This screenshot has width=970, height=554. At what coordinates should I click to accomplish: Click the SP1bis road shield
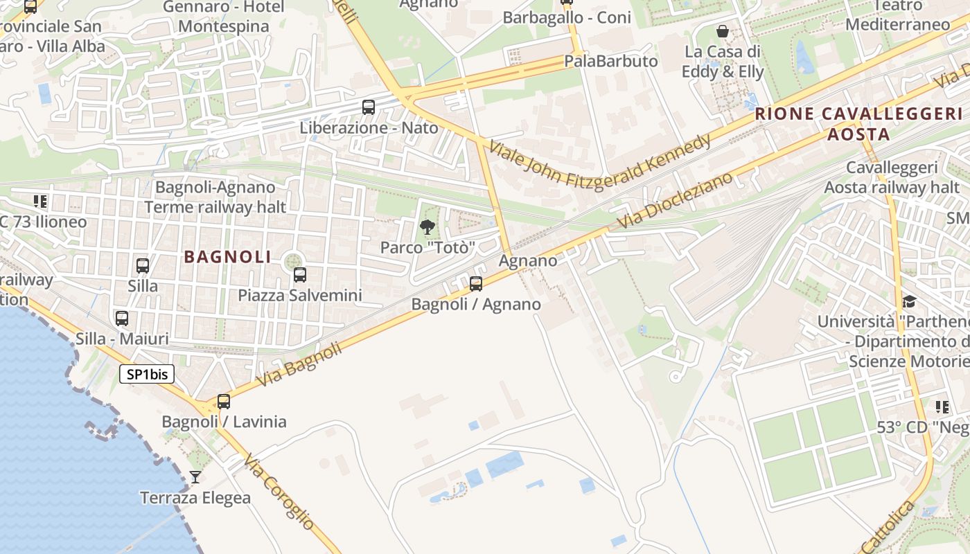click(x=147, y=375)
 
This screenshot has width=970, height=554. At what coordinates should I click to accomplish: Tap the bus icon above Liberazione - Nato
click(x=369, y=107)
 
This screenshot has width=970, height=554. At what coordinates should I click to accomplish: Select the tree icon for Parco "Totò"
click(x=427, y=226)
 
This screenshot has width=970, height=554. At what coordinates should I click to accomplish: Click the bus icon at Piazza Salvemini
click(x=300, y=275)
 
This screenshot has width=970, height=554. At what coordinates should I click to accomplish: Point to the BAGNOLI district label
click(x=228, y=257)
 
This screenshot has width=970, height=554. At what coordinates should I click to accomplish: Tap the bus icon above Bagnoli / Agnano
click(x=476, y=283)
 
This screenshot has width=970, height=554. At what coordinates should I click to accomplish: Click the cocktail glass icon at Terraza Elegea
click(x=195, y=477)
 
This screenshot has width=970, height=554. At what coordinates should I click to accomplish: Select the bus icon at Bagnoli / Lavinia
click(x=224, y=402)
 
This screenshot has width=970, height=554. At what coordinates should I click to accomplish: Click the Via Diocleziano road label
click(x=675, y=201)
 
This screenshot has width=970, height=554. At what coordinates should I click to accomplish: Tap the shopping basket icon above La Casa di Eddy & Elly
click(x=723, y=31)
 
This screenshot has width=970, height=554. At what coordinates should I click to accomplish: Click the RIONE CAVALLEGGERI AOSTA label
click(x=858, y=124)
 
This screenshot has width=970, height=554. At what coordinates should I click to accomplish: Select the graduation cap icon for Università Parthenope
click(x=908, y=301)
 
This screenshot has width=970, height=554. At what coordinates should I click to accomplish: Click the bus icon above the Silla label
click(x=143, y=265)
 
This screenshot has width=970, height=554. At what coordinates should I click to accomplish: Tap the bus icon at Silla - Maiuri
click(x=122, y=319)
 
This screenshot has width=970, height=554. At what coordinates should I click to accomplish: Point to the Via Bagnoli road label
click(x=299, y=365)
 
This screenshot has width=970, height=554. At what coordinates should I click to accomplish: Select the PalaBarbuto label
click(x=610, y=61)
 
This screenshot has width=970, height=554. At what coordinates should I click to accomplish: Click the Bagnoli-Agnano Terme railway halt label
click(x=215, y=197)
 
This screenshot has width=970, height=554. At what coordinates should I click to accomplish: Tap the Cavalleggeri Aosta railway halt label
click(x=892, y=177)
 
